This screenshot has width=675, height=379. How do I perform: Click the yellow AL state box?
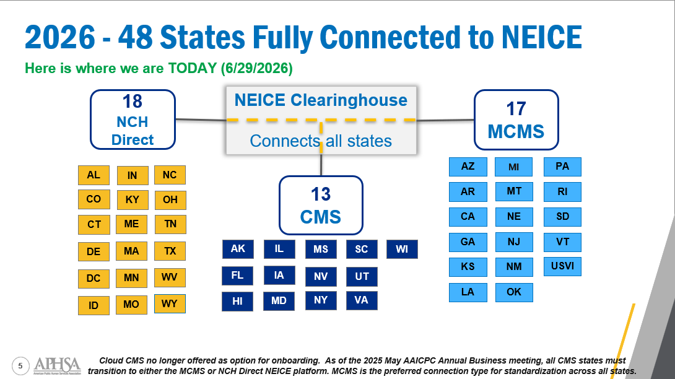pyautogui.click(x=94, y=175)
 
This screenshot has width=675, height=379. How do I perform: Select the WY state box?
pyautogui.click(x=170, y=303)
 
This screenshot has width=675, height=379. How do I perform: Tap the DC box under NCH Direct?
pyautogui.click(x=94, y=278)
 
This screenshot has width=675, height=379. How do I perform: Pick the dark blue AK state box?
pyautogui.click(x=238, y=249)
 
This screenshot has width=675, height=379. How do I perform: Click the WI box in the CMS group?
pyautogui.click(x=402, y=249)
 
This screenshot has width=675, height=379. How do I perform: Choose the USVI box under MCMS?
pyautogui.click(x=562, y=266)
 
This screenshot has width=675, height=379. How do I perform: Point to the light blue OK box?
pyautogui.click(x=514, y=292)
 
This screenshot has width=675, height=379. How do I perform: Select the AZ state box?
pyautogui.click(x=468, y=167)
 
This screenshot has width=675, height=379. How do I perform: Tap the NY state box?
pyautogui.click(x=321, y=300)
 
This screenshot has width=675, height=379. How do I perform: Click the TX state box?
pyautogui.click(x=170, y=251)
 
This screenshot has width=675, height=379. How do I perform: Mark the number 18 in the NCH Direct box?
pyautogui.click(x=132, y=102)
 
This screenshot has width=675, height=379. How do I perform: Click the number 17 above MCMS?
pyautogui.click(x=516, y=109)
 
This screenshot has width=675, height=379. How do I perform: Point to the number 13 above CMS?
pyautogui.click(x=321, y=194)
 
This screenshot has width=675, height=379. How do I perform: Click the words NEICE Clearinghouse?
pyautogui.click(x=321, y=100)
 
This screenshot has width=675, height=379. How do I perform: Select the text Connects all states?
pyautogui.click(x=321, y=141)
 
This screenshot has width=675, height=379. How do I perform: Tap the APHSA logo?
pyautogui.click(x=57, y=365)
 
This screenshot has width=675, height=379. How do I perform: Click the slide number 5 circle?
pyautogui.click(x=20, y=366)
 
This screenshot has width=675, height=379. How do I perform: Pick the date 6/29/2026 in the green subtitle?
pyautogui.click(x=256, y=69)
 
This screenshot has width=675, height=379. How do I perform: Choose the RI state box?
pyautogui.click(x=562, y=191)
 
